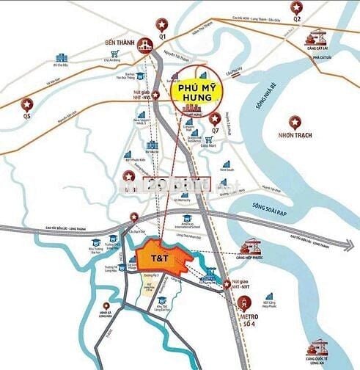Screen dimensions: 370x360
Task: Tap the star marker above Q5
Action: click(x=28, y=104)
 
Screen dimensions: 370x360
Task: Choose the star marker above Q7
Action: click(x=215, y=118)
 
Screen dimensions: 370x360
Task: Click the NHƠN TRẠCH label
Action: click(x=297, y=136)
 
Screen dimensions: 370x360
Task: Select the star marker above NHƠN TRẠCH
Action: click(x=295, y=120)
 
